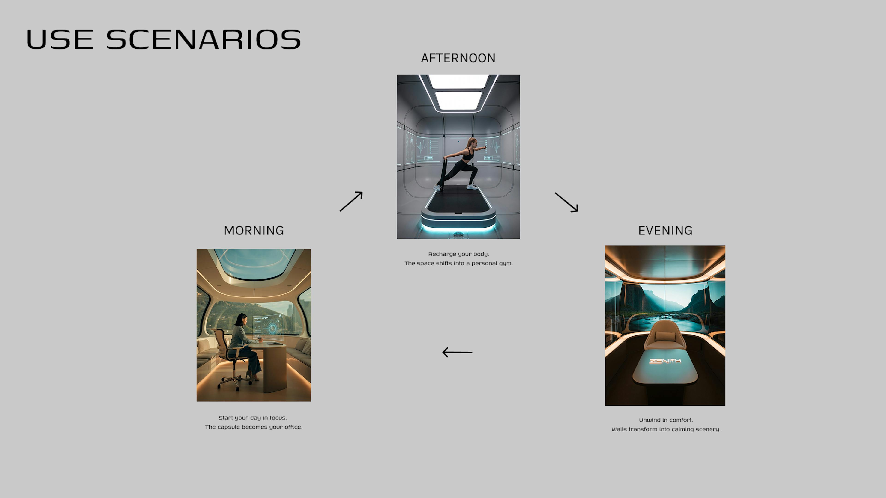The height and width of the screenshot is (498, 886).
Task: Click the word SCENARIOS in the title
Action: [203, 39]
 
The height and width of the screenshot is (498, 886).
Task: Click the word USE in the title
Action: [60, 39]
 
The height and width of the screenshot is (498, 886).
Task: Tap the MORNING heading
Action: [254, 230]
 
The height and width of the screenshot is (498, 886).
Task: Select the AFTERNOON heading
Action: [458, 58]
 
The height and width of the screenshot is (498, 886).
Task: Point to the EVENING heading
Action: [665, 230]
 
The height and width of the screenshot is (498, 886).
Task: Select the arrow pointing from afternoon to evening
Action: [566, 202]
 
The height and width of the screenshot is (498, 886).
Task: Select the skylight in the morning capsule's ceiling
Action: [254, 263]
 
